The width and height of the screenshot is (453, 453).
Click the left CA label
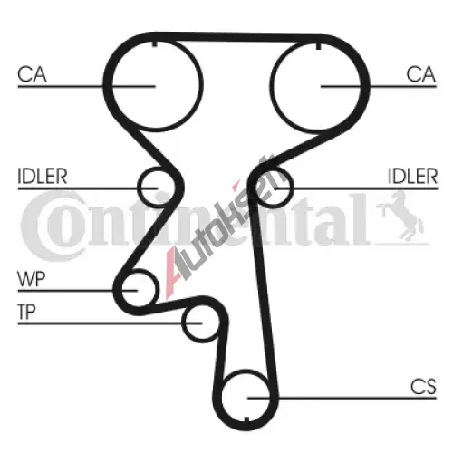tap(32, 74)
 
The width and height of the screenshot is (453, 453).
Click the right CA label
tap(421, 74)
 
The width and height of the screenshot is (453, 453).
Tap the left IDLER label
tap(43, 176)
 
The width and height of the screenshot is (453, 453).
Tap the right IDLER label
tap(412, 176)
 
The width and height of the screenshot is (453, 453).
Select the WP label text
tap(32, 279)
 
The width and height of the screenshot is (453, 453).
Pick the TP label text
tap(27, 312)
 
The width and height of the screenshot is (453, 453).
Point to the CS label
tap(423, 386)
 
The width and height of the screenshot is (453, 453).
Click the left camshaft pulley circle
tap(112, 86)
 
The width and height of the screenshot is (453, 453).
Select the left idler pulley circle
tap(139, 188)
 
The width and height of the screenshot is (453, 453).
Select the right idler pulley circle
tap(293, 188)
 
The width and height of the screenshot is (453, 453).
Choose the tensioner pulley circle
tap(182, 323)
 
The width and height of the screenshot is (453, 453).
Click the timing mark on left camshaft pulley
tap(155, 43)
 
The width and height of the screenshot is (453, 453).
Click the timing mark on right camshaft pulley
tap(318, 46)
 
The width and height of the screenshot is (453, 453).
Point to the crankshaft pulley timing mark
tap(246, 419)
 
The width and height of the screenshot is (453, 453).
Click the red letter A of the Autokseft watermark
tap(173, 272)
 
